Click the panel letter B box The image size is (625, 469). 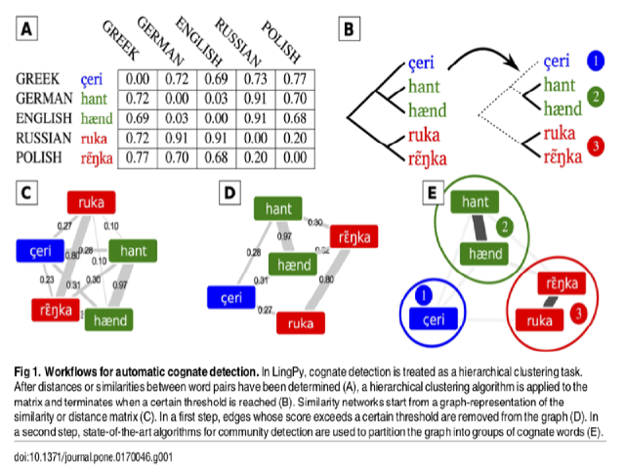(x=348, y=29)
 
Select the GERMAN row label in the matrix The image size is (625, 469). (x=44, y=98)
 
